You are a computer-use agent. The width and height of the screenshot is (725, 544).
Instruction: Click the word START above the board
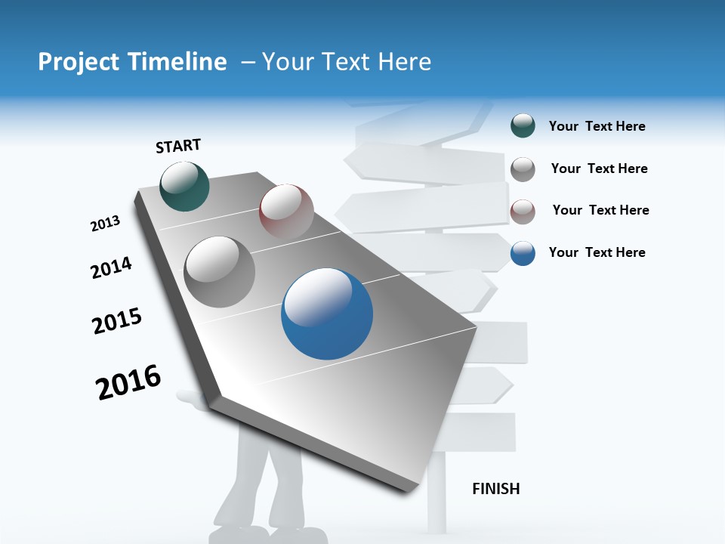pyautogui.click(x=178, y=146)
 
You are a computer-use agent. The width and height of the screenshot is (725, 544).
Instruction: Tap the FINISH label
pyautogui.click(x=496, y=489)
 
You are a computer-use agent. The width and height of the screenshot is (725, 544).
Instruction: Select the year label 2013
pyautogui.click(x=105, y=223)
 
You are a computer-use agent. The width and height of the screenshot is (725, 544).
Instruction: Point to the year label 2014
pyautogui.click(x=111, y=267)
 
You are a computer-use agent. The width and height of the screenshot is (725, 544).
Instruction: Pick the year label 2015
pyautogui.click(x=117, y=321)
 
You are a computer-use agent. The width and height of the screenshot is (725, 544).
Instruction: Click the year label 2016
pyautogui.click(x=128, y=382)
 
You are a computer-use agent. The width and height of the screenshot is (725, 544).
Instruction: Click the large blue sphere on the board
pyautogui.click(x=327, y=314)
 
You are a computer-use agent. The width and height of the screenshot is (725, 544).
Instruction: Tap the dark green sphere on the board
pyautogui.click(x=185, y=186)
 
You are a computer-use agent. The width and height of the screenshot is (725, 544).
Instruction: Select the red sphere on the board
pyautogui.click(x=286, y=211)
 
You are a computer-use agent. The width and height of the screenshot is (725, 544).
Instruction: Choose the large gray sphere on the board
pyautogui.click(x=220, y=271)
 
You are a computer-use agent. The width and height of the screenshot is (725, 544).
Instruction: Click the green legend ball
pyautogui.click(x=523, y=126)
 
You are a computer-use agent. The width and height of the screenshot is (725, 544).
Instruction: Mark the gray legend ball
pyautogui.click(x=523, y=168)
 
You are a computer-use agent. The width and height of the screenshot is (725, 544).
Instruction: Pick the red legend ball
pyautogui.click(x=523, y=211)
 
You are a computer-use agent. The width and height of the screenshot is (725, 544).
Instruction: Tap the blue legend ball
pyautogui.click(x=523, y=253)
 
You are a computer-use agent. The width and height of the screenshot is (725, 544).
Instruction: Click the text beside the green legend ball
pyautogui.click(x=597, y=126)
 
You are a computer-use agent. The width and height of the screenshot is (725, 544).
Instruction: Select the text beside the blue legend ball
pyautogui.click(x=597, y=252)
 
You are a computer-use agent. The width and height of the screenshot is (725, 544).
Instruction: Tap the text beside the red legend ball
pyautogui.click(x=600, y=210)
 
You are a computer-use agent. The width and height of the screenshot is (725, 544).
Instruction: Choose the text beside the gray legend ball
pyautogui.click(x=599, y=168)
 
